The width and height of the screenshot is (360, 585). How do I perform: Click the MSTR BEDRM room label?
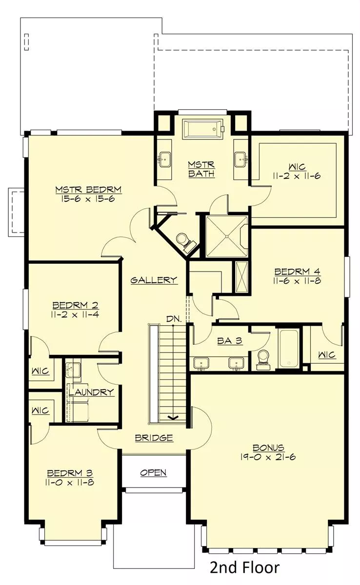(89, 189)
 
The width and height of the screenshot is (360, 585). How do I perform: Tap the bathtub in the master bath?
(203, 129)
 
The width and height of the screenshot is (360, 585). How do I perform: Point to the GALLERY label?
(154, 280)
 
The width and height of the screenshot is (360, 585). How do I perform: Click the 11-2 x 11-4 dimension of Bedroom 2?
(75, 314)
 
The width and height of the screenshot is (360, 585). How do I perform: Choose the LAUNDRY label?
(91, 392)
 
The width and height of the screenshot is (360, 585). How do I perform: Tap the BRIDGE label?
(154, 437)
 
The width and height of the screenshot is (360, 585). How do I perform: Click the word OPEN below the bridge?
(153, 472)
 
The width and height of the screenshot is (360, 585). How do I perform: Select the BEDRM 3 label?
(70, 473)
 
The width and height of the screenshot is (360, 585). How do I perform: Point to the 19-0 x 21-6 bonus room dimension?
(268, 457)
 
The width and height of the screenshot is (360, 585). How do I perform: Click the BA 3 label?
(230, 341)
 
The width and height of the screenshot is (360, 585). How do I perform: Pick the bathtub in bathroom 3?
(289, 349)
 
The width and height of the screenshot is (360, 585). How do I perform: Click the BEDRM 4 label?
(297, 272)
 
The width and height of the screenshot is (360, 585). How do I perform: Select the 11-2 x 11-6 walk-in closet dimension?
(297, 176)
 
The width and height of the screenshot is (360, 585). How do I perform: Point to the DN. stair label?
(174, 319)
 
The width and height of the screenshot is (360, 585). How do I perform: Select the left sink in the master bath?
(164, 159)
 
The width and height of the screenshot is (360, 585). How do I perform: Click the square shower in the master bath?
(227, 236)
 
